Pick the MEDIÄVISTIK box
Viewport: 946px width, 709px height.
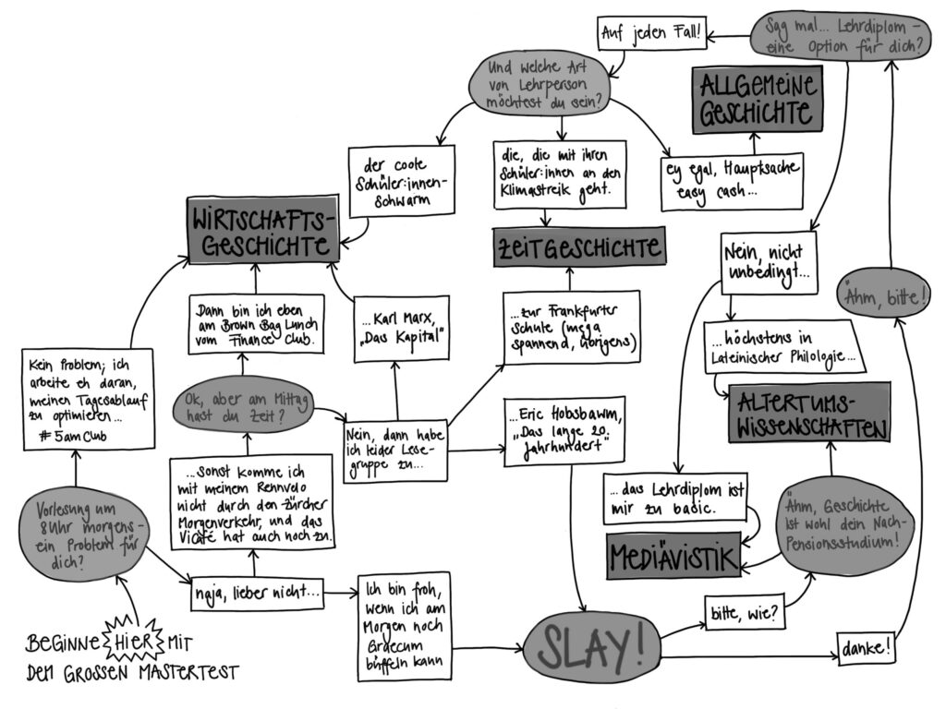point(674,556)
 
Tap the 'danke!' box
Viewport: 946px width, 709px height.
point(867,647)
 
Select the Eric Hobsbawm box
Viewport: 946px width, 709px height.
point(562,427)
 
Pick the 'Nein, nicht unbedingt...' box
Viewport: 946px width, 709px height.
point(769,262)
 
